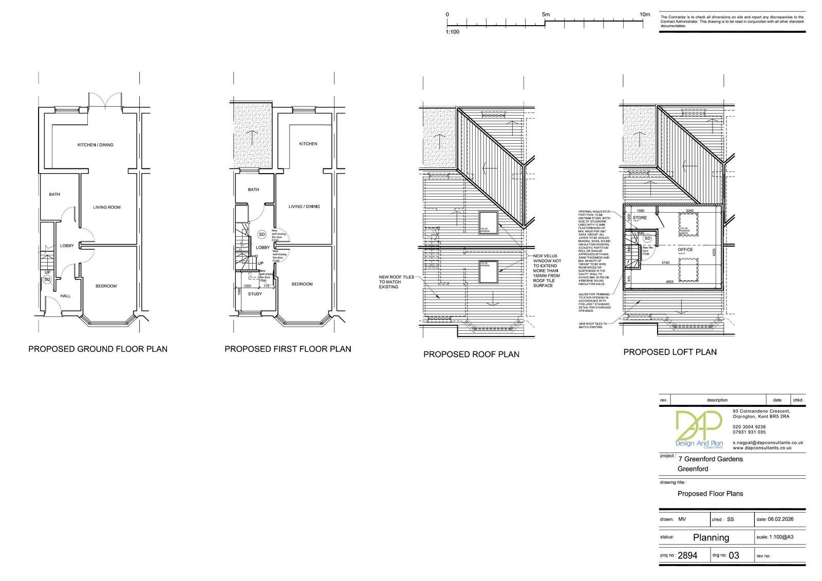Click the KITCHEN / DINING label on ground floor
[x=95, y=145]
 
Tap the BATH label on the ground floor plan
[x=54, y=194]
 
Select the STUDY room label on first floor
[x=255, y=294]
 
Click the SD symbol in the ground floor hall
[x=47, y=279]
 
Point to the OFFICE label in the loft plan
[x=685, y=250]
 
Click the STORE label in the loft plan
[x=640, y=218]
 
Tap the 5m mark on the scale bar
[x=545, y=15]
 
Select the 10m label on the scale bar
[x=645, y=15]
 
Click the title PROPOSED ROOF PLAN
[x=471, y=354]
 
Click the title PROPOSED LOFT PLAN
[x=669, y=352]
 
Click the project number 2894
[x=688, y=555]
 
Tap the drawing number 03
[x=734, y=555]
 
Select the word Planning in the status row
[x=711, y=537]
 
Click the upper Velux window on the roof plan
[x=489, y=222]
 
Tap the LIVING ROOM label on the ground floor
[x=107, y=208]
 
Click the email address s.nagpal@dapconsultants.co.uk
[x=768, y=442]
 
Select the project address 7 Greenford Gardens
[x=710, y=459]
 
